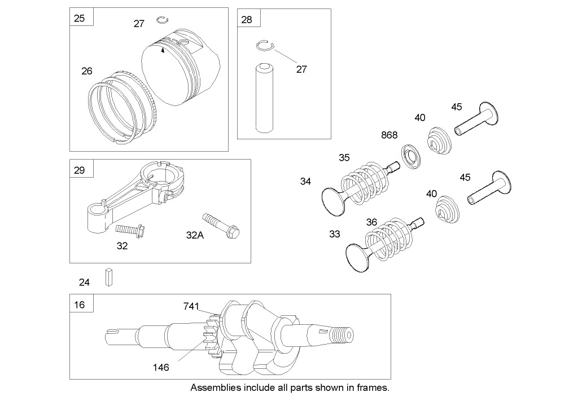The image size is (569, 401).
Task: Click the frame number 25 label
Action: (80, 18)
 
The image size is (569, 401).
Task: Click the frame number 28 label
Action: (247, 20)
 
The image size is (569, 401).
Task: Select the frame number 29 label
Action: (80, 170)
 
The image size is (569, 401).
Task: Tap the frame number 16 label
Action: (80, 305)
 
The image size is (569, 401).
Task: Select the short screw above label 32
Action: (131, 230)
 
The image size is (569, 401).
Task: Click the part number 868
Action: (389, 135)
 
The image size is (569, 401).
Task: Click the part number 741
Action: (191, 306)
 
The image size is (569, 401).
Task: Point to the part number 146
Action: (160, 367)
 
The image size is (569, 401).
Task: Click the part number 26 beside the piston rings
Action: (86, 71)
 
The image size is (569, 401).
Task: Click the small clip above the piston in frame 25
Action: (162, 21)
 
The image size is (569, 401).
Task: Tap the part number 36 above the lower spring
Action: (371, 222)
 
